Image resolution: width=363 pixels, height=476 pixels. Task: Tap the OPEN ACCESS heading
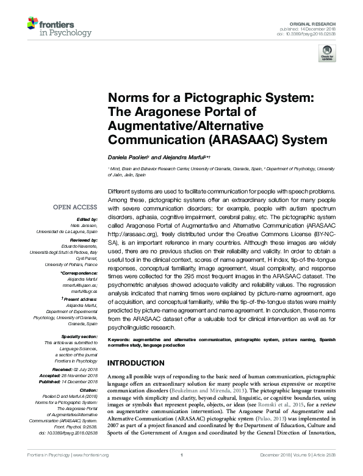tap(76, 207)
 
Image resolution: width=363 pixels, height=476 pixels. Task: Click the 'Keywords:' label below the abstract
tap(120, 337)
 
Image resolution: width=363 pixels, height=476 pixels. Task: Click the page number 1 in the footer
tap(182, 472)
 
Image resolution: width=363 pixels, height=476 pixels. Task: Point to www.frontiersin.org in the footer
tap(92, 472)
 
